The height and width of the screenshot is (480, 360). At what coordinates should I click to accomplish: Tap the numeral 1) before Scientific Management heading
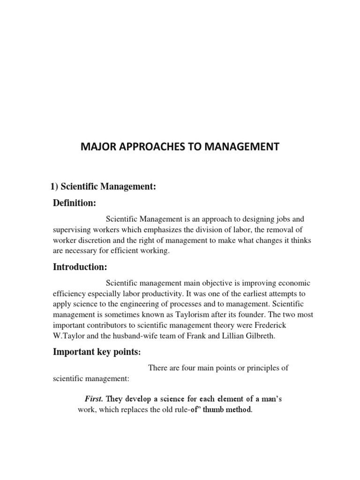click(54, 187)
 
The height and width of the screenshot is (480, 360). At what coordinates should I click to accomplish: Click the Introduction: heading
click(80, 267)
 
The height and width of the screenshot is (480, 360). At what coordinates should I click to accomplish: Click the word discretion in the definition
click(91, 240)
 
